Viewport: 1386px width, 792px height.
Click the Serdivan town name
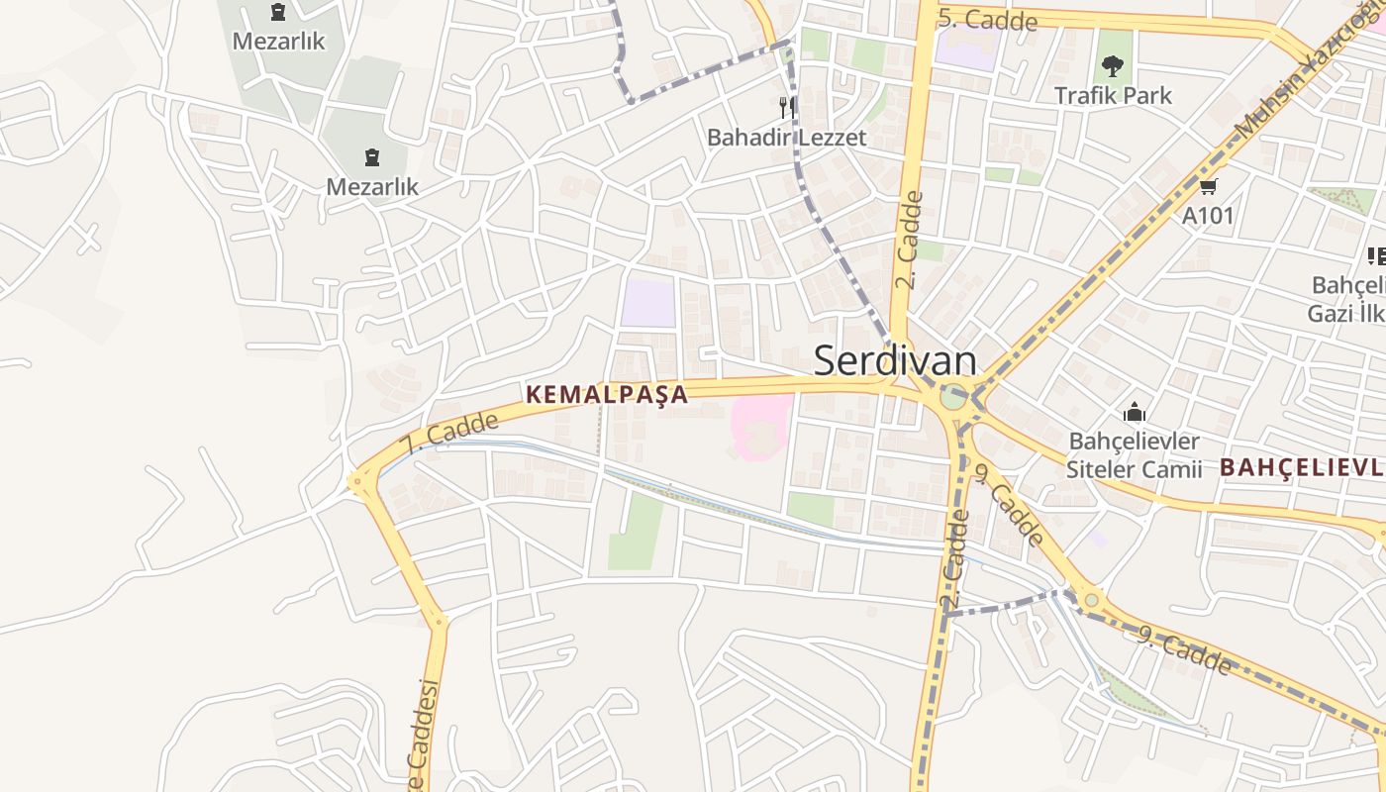pyautogui.click(x=895, y=361)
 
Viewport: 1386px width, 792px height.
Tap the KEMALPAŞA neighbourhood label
pyautogui.click(x=606, y=394)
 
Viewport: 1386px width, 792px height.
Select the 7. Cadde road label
pyautogui.click(x=449, y=434)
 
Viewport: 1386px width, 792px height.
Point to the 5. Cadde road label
pyautogui.click(x=987, y=19)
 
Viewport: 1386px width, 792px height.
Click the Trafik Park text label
pyautogui.click(x=1113, y=96)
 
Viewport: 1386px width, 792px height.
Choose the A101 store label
pyautogui.click(x=1208, y=215)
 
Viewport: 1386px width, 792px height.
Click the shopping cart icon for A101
pyautogui.click(x=1208, y=186)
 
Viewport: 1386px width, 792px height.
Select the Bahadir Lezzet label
pyautogui.click(x=786, y=138)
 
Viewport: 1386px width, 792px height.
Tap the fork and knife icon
pyautogui.click(x=787, y=107)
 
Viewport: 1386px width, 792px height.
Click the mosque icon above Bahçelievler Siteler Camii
pyautogui.click(x=1135, y=412)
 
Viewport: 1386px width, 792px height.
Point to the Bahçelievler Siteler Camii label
pyautogui.click(x=1134, y=455)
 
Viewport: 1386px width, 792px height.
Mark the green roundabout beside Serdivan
pyautogui.click(x=952, y=398)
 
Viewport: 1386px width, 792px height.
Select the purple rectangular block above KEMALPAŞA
pyautogui.click(x=648, y=303)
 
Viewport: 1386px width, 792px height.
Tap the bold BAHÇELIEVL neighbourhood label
pyautogui.click(x=1301, y=467)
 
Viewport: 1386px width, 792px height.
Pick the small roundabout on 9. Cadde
pyautogui.click(x=1091, y=599)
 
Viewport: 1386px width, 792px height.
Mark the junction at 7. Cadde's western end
pyautogui.click(x=359, y=483)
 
